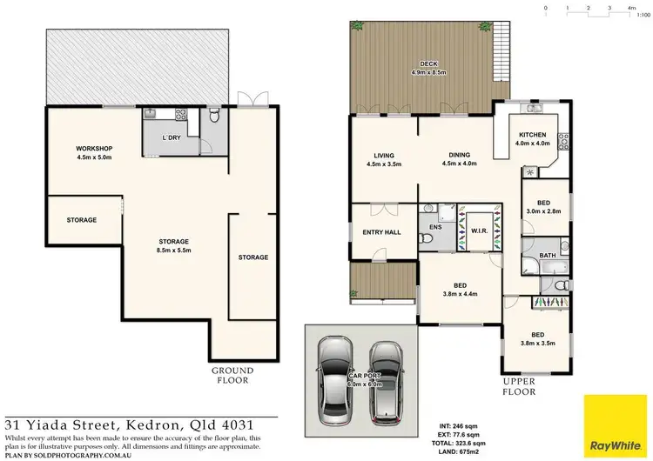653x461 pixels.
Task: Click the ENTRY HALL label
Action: (x=380, y=232)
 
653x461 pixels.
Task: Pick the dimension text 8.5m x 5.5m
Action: (x=173, y=251)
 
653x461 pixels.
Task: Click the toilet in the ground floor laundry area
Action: (x=214, y=116)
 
